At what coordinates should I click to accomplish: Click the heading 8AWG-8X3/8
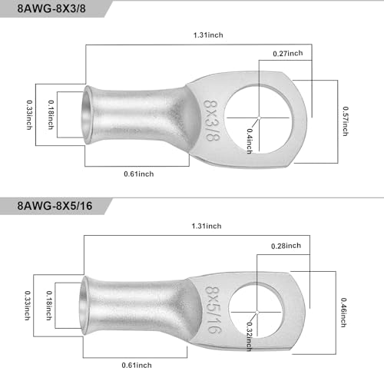click(x=51, y=8)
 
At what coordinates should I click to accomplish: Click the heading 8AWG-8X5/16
click(x=55, y=206)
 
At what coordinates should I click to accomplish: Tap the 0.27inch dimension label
click(x=288, y=53)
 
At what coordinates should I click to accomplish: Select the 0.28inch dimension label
click(x=286, y=246)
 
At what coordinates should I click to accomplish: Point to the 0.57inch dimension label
click(x=346, y=121)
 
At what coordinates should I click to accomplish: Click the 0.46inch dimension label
click(x=344, y=313)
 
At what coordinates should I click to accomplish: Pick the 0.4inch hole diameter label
click(x=250, y=141)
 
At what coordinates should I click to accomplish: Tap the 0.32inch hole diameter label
click(x=249, y=336)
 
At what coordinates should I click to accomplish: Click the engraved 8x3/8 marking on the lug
click(x=212, y=121)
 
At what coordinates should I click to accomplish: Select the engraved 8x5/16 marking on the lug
click(x=214, y=310)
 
